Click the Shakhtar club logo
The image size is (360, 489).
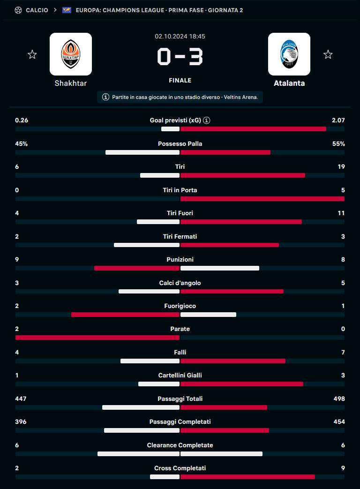coord(71,54)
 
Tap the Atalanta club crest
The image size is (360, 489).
coord(289,54)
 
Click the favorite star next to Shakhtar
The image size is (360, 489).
coord(32,54)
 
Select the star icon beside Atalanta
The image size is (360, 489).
coord(328,54)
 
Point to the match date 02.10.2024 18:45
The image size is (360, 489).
coord(180,36)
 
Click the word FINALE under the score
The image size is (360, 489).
coord(180,80)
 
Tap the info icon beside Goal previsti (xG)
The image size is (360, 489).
coord(207,120)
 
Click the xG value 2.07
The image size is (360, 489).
coord(338,120)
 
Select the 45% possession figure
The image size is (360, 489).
coord(22,143)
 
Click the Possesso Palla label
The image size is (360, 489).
coord(180,143)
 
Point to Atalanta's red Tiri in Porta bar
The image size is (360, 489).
coord(262,199)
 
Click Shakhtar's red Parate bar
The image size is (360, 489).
coord(97,338)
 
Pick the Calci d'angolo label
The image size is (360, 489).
coord(180,283)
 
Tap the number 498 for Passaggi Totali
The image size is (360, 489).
coord(338,399)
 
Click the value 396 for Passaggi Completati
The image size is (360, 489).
coord(21,421)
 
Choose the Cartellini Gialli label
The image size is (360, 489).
coord(180,375)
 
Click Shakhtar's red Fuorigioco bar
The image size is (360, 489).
coord(125,315)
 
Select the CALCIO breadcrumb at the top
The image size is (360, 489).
coord(37,10)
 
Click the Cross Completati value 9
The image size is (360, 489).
coord(343,468)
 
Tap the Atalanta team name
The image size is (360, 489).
coord(289,83)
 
